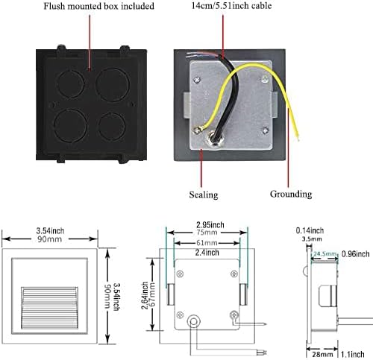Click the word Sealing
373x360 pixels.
pyautogui.click(x=204, y=195)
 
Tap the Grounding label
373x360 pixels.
pyautogui.click(x=291, y=194)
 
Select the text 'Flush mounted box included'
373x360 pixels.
pyautogui.click(x=99, y=6)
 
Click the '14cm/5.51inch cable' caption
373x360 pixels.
pyautogui.click(x=231, y=5)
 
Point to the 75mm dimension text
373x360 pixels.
pyautogui.click(x=207, y=233)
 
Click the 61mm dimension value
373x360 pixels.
pyautogui.click(x=207, y=243)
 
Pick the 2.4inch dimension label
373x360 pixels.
pyautogui.click(x=207, y=253)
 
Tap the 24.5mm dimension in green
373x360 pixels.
pyautogui.click(x=325, y=254)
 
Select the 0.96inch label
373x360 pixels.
pyautogui.click(x=355, y=254)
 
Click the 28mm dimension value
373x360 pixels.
pyautogui.click(x=322, y=355)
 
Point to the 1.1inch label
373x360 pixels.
pyautogui.click(x=352, y=355)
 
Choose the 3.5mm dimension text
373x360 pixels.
pyautogui.click(x=312, y=239)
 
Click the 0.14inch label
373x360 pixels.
pyautogui.click(x=310, y=230)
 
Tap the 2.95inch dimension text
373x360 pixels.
pyautogui.click(x=210, y=225)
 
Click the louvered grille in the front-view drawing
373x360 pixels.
pyautogui.click(x=49, y=308)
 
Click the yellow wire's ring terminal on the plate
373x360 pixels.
pyautogui.click(x=197, y=130)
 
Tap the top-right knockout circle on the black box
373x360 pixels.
pyautogui.click(x=113, y=85)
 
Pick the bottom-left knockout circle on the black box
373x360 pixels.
pyautogui.click(x=70, y=126)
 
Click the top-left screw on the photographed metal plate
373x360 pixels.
pyautogui.click(x=197, y=80)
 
